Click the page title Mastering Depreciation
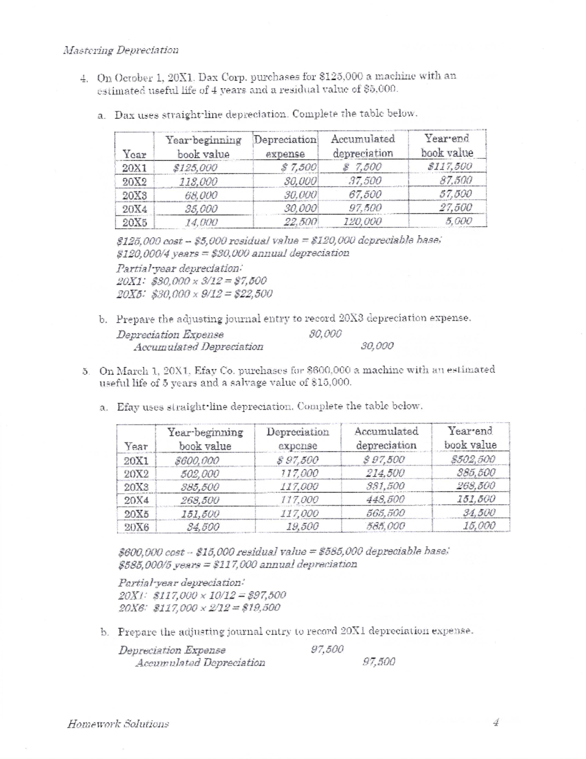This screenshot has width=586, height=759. tap(121, 50)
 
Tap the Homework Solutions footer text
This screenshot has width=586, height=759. tap(118, 723)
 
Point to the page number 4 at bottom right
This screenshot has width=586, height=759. tap(497, 722)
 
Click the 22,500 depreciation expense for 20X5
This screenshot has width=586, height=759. tap(301, 221)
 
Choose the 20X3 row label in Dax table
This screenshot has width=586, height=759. tap(134, 195)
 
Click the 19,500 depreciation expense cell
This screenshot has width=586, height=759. tap(302, 526)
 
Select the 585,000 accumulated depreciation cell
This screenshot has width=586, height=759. tap(386, 526)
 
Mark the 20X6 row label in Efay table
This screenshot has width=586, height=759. tap(136, 527)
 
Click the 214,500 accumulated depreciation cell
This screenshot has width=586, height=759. tap(385, 473)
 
